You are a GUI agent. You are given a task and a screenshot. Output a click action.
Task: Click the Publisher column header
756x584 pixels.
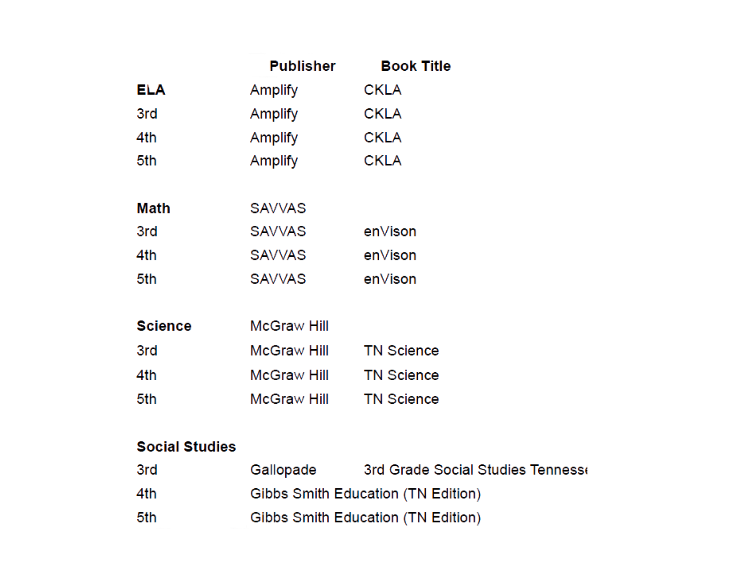coord(302,66)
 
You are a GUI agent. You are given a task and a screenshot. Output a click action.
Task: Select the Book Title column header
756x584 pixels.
coord(415,66)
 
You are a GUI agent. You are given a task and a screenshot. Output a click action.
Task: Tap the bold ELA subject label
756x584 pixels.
coord(151,90)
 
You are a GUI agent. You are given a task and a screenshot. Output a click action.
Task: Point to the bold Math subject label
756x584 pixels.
coord(153,208)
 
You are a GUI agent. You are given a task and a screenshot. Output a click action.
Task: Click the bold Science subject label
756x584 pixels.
coord(164,326)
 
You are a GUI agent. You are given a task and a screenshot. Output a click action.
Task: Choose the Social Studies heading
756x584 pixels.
coord(186,446)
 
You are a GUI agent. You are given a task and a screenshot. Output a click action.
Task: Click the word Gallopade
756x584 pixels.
coord(283,470)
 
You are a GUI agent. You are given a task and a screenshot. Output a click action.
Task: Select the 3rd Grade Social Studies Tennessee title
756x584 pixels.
coord(475,470)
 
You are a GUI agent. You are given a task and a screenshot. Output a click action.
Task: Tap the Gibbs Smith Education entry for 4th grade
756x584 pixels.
coord(365,494)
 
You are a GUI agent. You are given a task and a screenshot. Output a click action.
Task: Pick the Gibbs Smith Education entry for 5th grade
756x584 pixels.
coord(365,517)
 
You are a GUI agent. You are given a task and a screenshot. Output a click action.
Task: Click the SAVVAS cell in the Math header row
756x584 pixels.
coord(278,208)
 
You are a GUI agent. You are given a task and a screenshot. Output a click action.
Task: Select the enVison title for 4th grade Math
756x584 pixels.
coord(390,256)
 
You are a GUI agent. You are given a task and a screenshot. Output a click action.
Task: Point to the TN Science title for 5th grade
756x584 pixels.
coord(401,399)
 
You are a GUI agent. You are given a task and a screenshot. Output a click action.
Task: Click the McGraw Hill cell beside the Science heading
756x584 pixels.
coord(289,326)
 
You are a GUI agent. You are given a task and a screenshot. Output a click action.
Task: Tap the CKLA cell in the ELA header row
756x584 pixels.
coord(383,90)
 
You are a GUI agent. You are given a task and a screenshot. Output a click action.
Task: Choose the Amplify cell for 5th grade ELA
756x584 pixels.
coord(274,161)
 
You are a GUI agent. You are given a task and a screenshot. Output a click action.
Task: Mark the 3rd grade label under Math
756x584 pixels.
coord(147,231)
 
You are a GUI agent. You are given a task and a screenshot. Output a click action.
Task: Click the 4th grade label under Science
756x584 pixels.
coord(146,375)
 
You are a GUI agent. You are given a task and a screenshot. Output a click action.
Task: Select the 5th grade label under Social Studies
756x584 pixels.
coord(146,517)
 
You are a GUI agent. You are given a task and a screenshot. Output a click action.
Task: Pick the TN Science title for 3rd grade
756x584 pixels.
coord(401,351)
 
